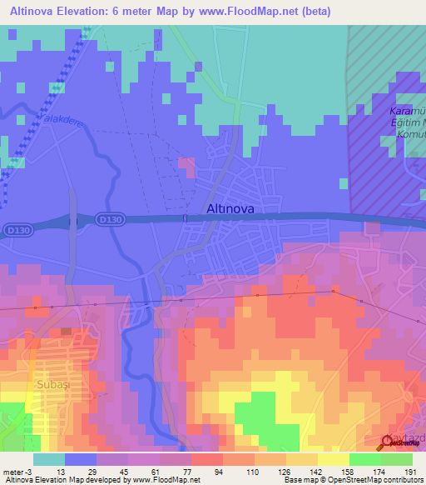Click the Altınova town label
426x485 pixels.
pos(230,209)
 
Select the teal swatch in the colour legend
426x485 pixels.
pos(49,459)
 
